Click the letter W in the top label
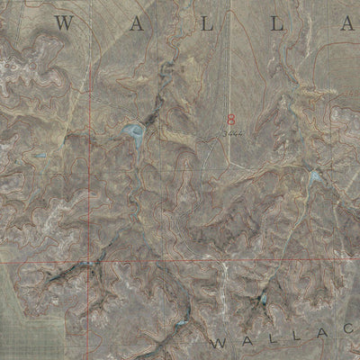[x=63, y=24]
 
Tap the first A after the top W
[x=137, y=24]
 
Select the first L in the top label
[x=206, y=24]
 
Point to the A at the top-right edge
[x=349, y=24]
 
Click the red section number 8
[x=231, y=119]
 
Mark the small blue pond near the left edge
[x=40, y=155]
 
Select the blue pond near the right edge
[x=314, y=178]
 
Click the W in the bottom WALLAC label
[x=220, y=344]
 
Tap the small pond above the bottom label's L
[x=263, y=299]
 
